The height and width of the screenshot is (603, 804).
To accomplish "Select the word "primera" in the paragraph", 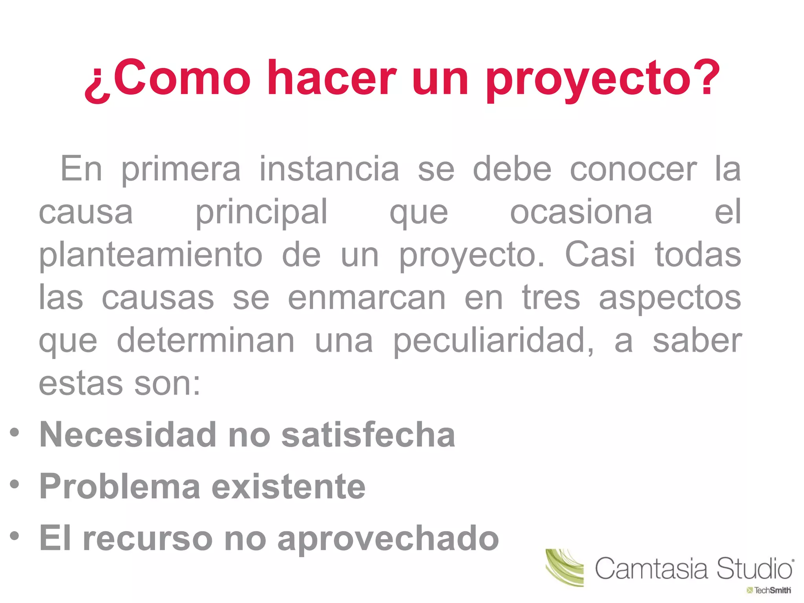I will (181, 170).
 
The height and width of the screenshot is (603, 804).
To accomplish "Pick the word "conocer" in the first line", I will (633, 170).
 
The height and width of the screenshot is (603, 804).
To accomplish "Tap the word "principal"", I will (261, 212).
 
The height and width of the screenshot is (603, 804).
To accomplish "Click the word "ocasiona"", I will (581, 212).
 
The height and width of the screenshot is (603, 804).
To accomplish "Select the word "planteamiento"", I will (151, 256).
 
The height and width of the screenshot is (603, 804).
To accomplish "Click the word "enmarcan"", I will (367, 298).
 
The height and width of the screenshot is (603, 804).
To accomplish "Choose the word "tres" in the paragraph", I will (551, 298).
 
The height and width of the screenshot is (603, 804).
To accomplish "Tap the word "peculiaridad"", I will (493, 341).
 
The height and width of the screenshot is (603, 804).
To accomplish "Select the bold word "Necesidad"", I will (128, 435).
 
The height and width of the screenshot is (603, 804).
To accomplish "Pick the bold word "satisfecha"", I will (368, 435).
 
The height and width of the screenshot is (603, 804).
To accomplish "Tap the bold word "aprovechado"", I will (388, 539).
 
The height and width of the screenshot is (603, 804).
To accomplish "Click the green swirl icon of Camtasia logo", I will (565, 567).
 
